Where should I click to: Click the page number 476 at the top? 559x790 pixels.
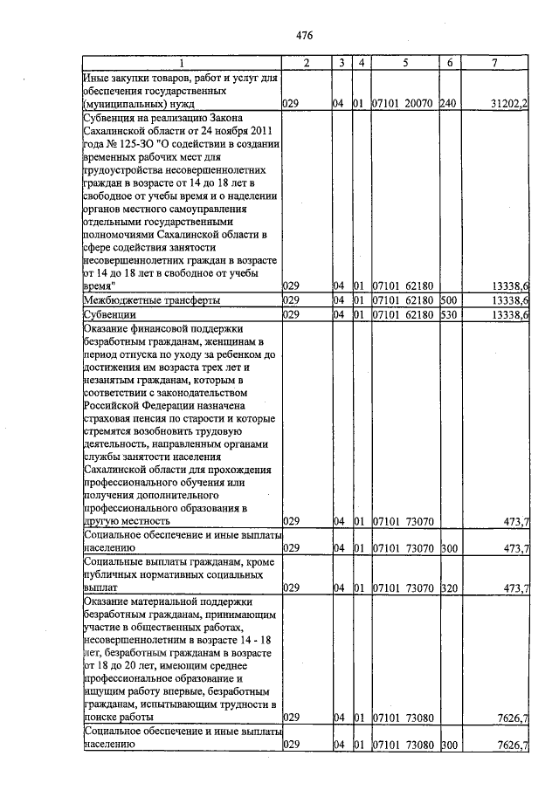pos(303,35)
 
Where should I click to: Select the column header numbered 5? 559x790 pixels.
pos(405,63)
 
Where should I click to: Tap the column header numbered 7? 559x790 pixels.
pos(494,63)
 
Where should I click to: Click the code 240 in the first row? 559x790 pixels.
pos(449,103)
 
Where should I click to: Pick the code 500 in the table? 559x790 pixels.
pos(449,299)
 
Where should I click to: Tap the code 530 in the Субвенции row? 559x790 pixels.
pos(449,314)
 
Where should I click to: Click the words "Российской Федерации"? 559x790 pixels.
pos(139,406)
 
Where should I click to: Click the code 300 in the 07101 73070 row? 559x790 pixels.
pos(449,548)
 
